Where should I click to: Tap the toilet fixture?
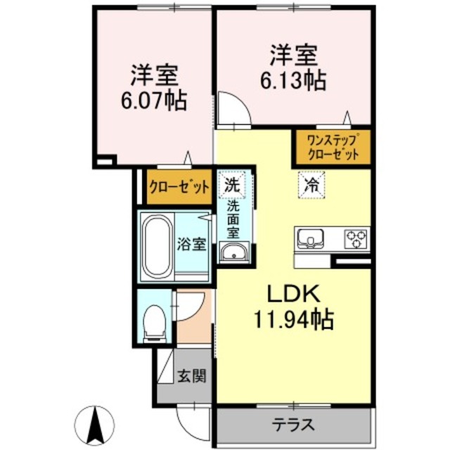pos(155,323)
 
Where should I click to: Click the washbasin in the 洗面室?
pos(234,252)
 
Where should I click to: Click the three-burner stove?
pos(356,239)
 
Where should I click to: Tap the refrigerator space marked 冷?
pos(311,185)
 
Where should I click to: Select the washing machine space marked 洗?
pos(232,184)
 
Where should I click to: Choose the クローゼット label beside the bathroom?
pos(180,188)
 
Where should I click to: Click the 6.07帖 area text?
pos(154,101)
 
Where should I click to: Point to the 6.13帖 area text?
pos(293,81)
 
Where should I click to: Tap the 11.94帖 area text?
pos(293,319)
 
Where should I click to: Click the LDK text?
pos(293,294)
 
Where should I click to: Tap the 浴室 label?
pos(191,245)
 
